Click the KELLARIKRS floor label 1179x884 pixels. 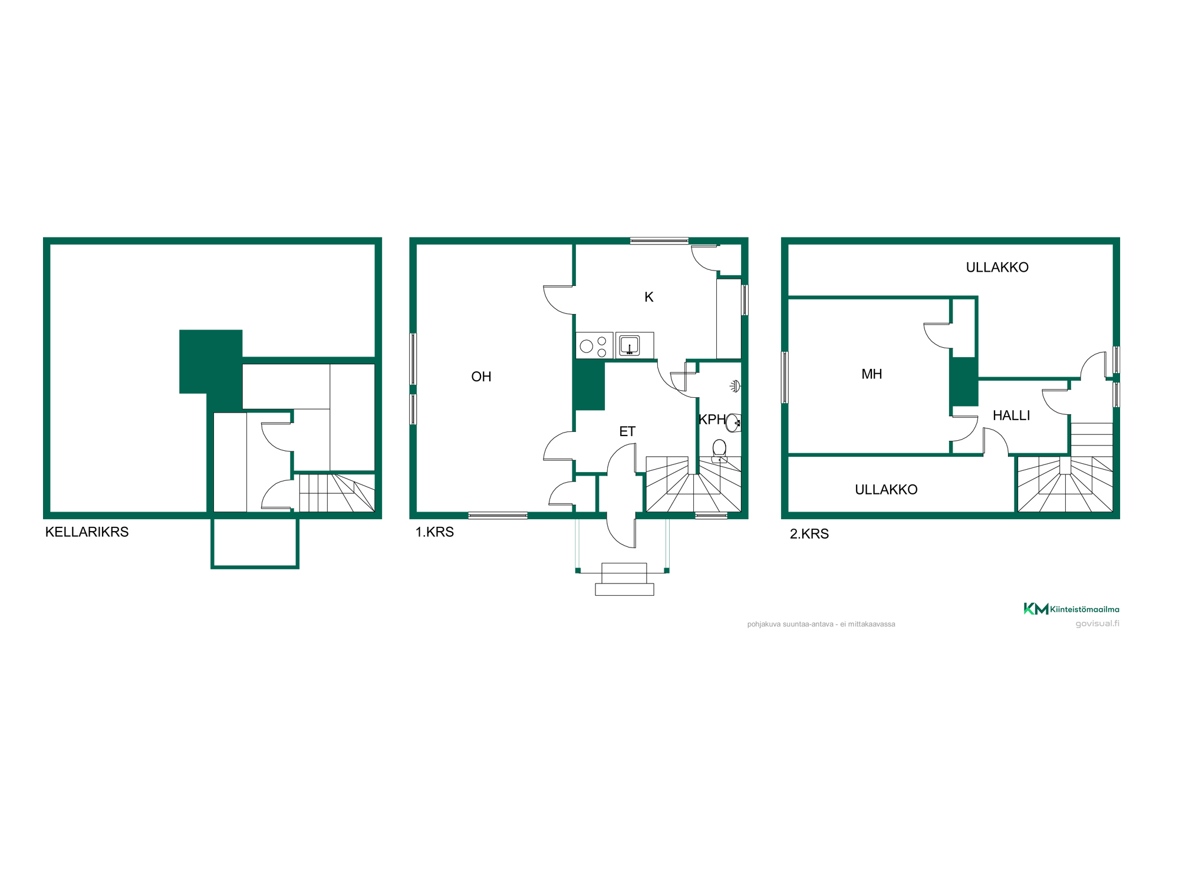[87, 532]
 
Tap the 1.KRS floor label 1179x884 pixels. [434, 532]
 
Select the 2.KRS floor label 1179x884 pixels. [809, 533]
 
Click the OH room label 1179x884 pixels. [481, 377]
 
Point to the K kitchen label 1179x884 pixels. [648, 297]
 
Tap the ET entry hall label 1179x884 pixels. [627, 431]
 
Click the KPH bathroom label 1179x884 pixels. [712, 419]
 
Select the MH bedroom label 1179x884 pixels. [871, 374]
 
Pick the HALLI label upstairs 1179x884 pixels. [1011, 415]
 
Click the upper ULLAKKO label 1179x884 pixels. [997, 267]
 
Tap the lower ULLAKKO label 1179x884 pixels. [886, 489]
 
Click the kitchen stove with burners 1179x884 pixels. [594, 345]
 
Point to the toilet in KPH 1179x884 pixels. [719, 451]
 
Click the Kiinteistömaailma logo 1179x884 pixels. [1071, 609]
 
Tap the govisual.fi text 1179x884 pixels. [1097, 624]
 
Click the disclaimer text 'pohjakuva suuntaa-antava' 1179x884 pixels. [791, 624]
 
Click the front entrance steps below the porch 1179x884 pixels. [624, 579]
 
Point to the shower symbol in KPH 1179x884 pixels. [735, 387]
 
